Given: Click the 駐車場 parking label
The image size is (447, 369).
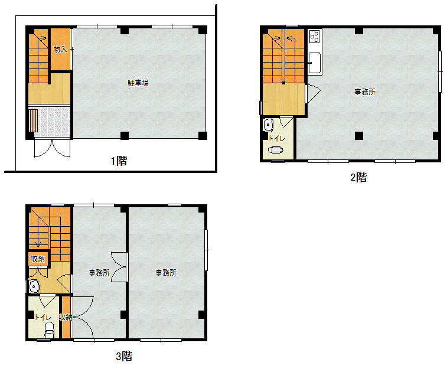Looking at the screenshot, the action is [x=138, y=83].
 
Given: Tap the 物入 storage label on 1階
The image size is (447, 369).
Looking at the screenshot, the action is [x=60, y=49].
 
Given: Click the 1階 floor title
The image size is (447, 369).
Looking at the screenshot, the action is [x=119, y=161].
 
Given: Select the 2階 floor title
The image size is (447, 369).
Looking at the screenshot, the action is [x=358, y=177].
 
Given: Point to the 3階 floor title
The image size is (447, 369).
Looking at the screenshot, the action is [x=124, y=356].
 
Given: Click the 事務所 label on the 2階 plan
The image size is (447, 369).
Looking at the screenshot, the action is [x=365, y=92].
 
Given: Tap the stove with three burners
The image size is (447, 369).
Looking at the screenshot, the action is [x=315, y=36].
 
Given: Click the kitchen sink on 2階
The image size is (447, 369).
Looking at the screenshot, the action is [x=315, y=63].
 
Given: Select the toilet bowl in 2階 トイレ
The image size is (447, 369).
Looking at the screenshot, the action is [x=276, y=149].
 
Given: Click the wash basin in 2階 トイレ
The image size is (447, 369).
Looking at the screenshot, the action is [x=268, y=125].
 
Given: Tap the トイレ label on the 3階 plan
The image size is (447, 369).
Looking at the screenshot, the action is [x=43, y=317].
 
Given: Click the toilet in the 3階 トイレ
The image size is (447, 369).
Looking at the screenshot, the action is [x=50, y=330].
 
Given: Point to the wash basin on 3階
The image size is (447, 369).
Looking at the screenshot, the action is [x=34, y=286].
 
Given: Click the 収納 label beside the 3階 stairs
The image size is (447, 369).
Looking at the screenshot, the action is [x=38, y=259].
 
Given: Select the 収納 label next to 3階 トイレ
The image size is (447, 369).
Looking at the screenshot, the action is [x=66, y=317].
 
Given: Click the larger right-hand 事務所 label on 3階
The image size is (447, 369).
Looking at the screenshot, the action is [x=166, y=272].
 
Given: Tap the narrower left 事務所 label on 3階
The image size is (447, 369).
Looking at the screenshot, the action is [x=99, y=272].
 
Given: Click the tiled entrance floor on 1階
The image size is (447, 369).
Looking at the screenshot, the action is [x=52, y=122].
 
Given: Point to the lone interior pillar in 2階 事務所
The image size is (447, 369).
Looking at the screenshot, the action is [x=359, y=136].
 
